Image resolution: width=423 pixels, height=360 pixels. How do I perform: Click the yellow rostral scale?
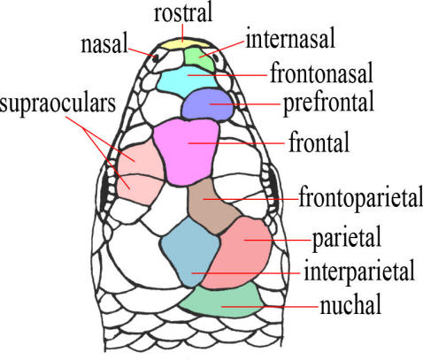[183, 44]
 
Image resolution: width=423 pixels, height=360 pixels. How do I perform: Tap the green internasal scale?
[198, 59]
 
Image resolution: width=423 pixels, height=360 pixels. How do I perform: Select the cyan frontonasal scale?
[186, 80]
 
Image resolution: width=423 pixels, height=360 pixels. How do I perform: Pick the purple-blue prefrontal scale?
[207, 104]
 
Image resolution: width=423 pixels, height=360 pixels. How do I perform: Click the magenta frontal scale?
[187, 151]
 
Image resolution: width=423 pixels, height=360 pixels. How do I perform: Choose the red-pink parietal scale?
[240, 253]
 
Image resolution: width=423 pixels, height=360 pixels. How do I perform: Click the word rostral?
[183, 13]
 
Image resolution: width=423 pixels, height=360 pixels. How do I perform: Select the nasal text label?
[104, 44]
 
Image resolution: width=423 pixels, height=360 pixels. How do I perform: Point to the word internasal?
[290, 38]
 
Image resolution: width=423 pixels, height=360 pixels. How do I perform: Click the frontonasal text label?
[321, 73]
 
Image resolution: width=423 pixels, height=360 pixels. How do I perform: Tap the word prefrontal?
[328, 103]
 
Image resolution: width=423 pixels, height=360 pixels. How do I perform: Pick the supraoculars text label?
[58, 104]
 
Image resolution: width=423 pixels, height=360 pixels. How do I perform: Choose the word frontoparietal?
[361, 197]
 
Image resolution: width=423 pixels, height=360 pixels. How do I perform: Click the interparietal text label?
[359, 272]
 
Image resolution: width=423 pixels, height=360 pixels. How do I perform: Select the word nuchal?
[350, 304]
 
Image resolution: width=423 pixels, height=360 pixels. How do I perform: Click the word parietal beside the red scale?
[347, 240]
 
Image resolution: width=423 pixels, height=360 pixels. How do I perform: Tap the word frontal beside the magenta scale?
[319, 142]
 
